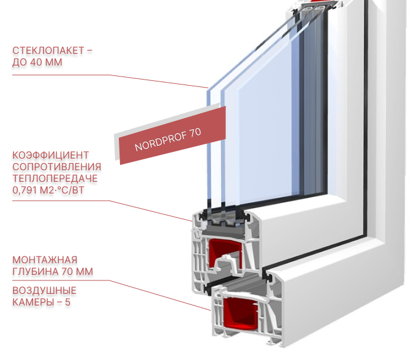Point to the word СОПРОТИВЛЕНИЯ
point(56,167)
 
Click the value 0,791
point(25,190)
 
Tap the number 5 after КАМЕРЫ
point(67,302)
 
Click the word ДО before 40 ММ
point(20,62)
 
